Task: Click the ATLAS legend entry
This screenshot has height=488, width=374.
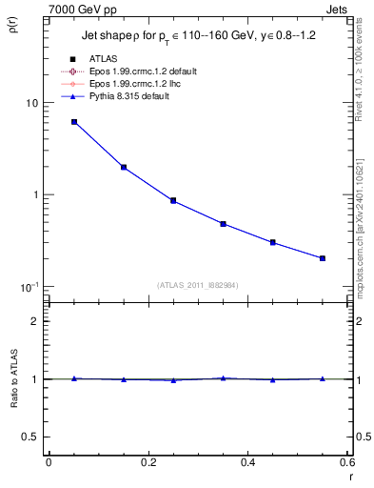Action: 103,59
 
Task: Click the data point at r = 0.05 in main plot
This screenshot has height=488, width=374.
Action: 74,122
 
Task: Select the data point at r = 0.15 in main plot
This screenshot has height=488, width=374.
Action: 124,167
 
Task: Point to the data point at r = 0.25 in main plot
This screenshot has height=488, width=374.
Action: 173,200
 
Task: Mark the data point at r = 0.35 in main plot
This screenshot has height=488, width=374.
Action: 223,224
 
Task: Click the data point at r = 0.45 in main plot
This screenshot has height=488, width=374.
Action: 273,242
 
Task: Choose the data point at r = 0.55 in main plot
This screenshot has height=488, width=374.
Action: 323,258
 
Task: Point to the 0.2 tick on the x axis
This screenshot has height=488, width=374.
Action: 148,462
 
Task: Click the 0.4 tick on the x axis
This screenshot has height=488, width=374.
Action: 247,462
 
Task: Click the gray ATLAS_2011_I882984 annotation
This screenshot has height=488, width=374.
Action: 198,285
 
